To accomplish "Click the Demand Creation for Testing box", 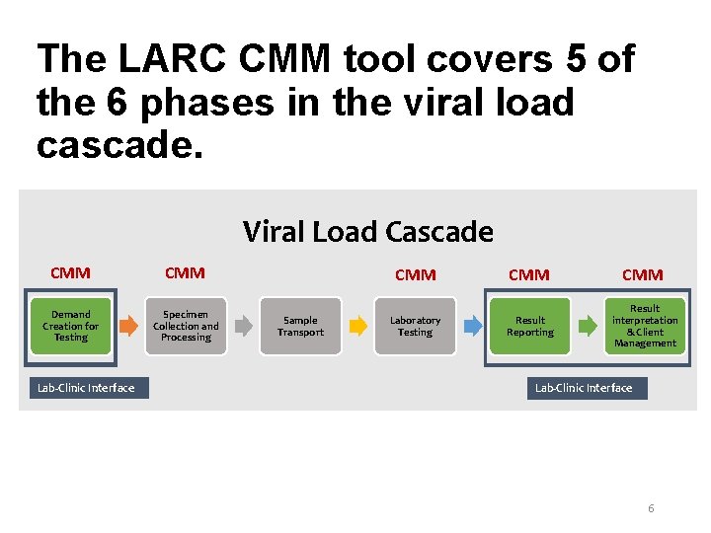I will [x=71, y=326].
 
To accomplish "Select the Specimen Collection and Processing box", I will [x=186, y=326].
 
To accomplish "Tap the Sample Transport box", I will [x=300, y=326].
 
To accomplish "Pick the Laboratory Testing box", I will [x=415, y=326].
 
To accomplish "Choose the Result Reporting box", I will [x=530, y=326].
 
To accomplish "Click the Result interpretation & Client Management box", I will [x=645, y=326].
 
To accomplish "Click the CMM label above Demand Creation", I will [x=70, y=272].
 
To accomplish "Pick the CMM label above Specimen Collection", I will [x=185, y=272].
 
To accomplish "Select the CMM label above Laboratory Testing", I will [x=415, y=274].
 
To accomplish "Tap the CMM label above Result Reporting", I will [x=528, y=274].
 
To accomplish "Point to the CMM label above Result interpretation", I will [x=643, y=274].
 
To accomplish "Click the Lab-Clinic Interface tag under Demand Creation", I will [x=86, y=388].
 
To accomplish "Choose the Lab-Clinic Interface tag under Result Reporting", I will [x=584, y=388].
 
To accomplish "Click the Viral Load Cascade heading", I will [x=367, y=232].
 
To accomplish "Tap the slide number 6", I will [x=651, y=508].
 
